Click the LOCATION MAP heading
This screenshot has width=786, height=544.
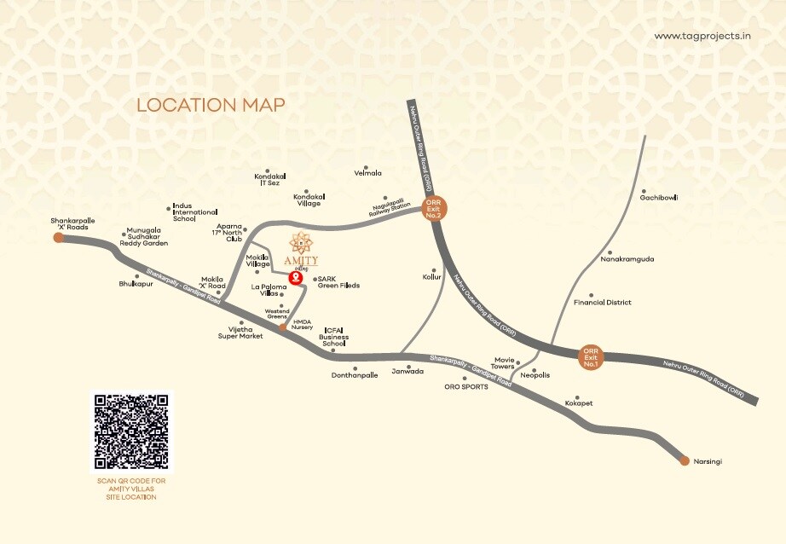211,105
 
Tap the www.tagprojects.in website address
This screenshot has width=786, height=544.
702,36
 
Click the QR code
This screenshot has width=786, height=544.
131,431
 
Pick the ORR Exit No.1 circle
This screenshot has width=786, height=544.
591,356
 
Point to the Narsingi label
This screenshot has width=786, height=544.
708,461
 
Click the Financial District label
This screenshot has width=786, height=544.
602,303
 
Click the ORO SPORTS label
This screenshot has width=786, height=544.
465,387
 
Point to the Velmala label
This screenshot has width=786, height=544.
367,173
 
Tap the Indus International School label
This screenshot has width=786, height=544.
195,212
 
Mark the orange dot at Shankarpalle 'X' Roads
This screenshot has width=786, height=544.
58,238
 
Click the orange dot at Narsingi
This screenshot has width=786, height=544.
685,461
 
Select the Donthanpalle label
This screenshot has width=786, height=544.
354,375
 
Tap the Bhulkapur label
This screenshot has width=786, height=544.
136,283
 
